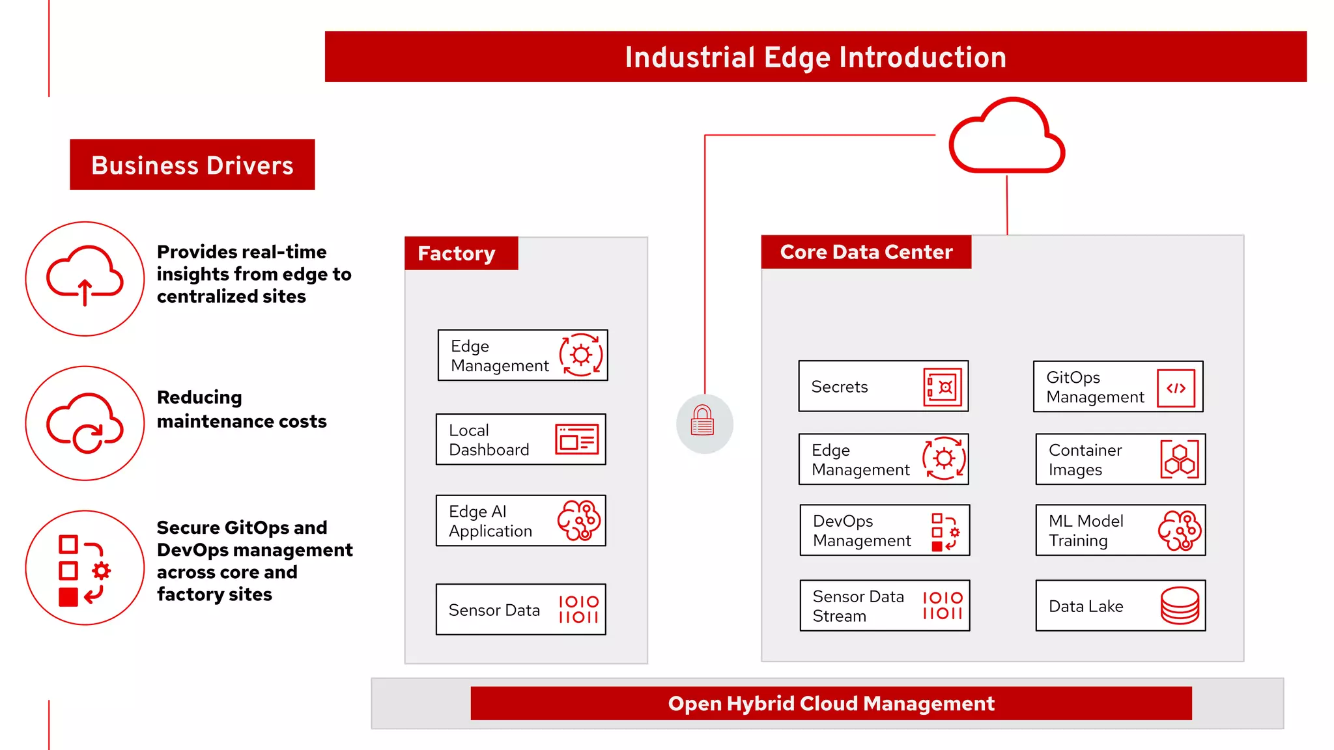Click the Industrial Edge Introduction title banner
[x=816, y=57]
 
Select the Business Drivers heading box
[x=192, y=165]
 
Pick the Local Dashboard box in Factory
[x=520, y=439]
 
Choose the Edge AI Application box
[x=520, y=521]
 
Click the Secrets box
[x=883, y=386]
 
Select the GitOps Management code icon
[x=1176, y=388]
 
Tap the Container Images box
[x=1120, y=460]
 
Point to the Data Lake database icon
[x=1180, y=605]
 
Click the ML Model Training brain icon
[x=1180, y=530]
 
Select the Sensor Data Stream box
[x=885, y=605]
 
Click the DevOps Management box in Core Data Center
[x=885, y=530]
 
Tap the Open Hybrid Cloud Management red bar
[x=831, y=703]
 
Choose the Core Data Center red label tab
[x=866, y=252]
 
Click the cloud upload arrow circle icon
[x=85, y=279]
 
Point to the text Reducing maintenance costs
[x=242, y=409]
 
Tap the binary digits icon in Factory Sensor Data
[x=578, y=609]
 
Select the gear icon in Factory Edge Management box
[x=581, y=355]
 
